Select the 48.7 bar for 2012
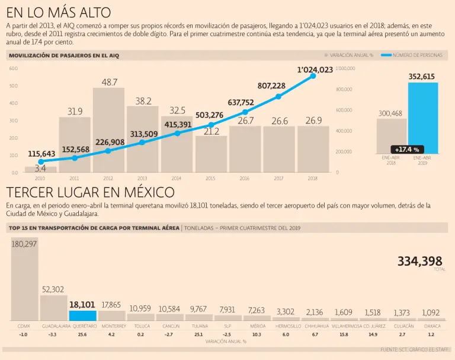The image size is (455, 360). (x=109, y=130)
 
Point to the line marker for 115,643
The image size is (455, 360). (x=41, y=161)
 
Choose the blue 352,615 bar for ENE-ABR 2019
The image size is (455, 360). (x=422, y=119)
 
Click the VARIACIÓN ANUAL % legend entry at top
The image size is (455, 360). (x=350, y=55)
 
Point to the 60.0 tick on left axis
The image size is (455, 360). (x=14, y=69)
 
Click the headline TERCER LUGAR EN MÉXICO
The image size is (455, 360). (x=90, y=193)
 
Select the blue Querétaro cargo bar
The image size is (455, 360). (x=82, y=316)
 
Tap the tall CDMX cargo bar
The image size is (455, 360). (x=24, y=282)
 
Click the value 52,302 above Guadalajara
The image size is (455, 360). (x=53, y=289)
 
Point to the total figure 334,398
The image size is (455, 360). (x=419, y=262)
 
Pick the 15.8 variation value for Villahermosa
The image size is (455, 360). (x=344, y=335)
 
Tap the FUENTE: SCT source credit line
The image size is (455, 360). (x=415, y=350)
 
